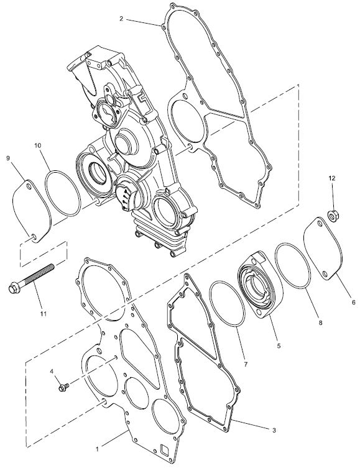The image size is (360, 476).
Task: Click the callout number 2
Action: coord(121,19)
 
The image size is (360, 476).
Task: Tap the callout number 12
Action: coord(332,178)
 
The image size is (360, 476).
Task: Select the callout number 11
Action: coord(44,314)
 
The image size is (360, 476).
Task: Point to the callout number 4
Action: coord(52,371)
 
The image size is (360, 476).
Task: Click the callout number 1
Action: coord(97,449)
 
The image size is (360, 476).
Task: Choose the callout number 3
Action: coord(274,430)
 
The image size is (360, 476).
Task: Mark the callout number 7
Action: coord(245,364)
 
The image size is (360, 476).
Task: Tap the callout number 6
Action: coord(354,303)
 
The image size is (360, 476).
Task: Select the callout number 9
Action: coord(8,158)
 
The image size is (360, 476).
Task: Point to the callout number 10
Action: coord(38,145)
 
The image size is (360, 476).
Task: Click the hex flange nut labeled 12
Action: coord(333,216)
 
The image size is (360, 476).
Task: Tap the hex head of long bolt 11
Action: coord(14,288)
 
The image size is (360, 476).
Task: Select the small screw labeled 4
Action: coord(64,387)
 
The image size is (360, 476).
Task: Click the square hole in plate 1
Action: coord(164,449)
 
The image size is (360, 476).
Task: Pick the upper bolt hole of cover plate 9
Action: coord(29,185)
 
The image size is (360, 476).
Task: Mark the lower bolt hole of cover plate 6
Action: coord(325,274)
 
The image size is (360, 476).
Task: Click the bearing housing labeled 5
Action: coord(261,284)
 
